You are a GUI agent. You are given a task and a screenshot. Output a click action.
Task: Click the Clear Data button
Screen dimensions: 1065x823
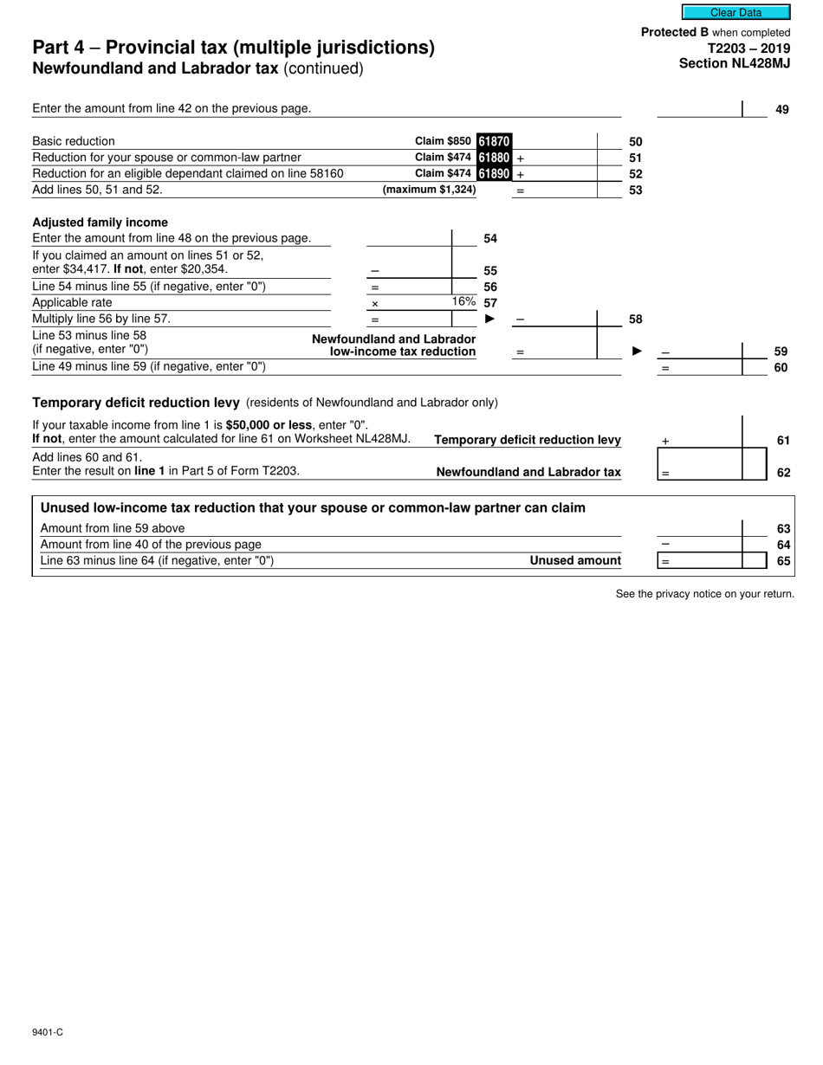(736, 12)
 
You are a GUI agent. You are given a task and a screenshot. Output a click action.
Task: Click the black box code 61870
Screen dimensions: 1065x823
(494, 141)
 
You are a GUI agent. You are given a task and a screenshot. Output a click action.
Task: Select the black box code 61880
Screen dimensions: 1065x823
(494, 158)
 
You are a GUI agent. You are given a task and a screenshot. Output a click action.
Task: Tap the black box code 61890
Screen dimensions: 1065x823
(494, 174)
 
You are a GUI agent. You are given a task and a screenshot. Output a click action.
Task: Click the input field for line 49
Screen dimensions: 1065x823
(699, 109)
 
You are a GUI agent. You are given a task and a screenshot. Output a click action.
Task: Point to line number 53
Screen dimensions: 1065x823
(635, 190)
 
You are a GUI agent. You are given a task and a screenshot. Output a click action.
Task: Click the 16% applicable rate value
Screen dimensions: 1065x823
(463, 302)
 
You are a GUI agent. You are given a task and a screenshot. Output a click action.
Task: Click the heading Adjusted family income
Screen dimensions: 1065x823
(100, 223)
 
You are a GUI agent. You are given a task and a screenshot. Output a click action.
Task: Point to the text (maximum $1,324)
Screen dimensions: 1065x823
(429, 190)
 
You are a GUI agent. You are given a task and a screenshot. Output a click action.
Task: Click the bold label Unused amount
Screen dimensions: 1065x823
(575, 560)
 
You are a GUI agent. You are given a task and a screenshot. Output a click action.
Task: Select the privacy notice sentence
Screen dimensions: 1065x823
(704, 594)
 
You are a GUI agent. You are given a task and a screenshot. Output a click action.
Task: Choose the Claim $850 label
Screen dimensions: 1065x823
(444, 141)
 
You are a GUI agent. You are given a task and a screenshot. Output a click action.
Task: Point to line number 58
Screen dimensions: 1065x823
(635, 319)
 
